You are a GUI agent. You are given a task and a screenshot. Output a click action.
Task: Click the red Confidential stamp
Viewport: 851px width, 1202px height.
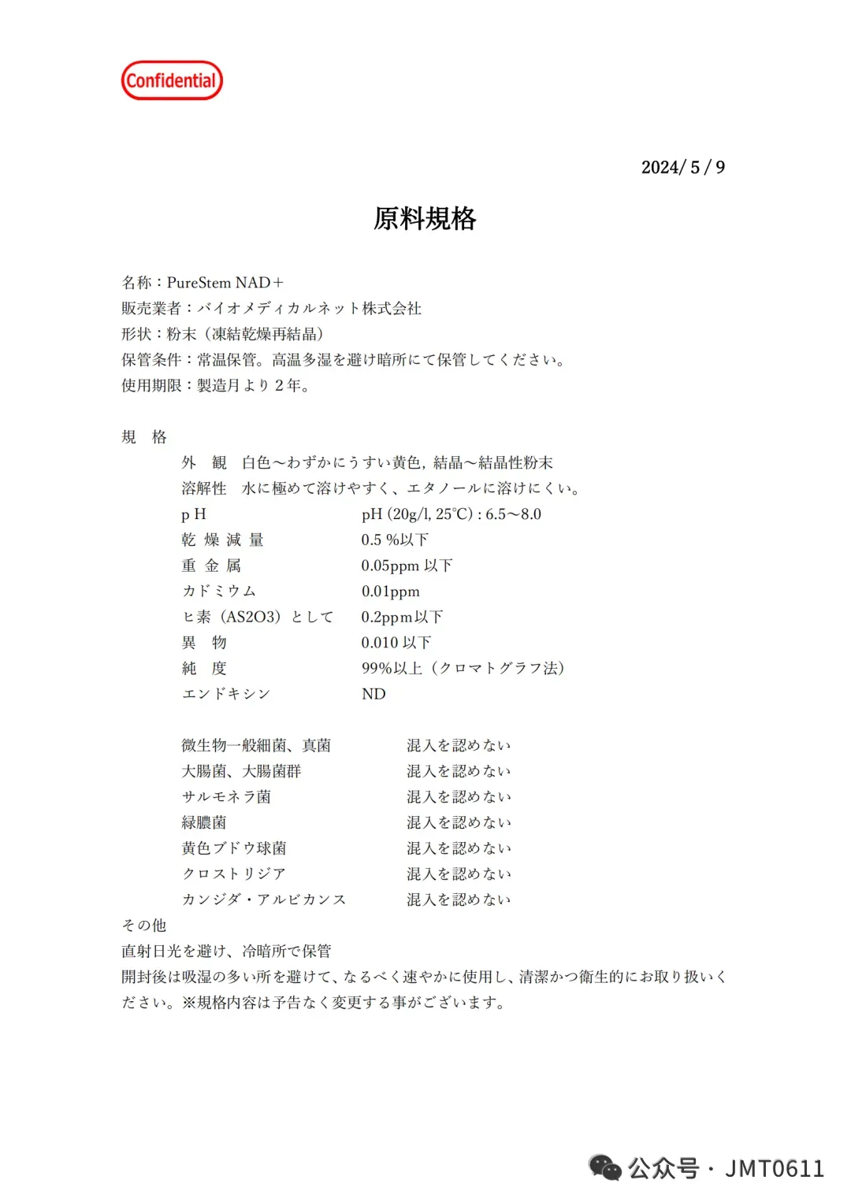(x=172, y=80)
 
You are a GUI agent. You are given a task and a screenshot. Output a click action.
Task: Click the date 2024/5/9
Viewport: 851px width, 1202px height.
(x=682, y=167)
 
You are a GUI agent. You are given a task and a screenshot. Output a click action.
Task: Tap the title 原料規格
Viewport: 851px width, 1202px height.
(x=425, y=218)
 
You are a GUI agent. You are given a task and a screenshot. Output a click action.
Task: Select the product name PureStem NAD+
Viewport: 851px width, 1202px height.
(x=225, y=283)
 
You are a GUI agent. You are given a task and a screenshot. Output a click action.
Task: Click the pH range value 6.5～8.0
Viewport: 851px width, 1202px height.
(x=513, y=514)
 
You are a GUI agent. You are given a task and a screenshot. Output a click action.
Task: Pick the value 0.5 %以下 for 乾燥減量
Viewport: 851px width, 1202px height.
(x=395, y=540)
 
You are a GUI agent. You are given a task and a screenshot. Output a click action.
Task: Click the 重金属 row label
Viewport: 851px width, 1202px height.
(x=211, y=566)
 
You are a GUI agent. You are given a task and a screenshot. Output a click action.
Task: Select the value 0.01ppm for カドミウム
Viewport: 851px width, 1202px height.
(x=390, y=592)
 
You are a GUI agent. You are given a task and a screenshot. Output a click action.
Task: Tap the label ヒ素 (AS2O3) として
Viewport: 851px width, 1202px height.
(x=258, y=617)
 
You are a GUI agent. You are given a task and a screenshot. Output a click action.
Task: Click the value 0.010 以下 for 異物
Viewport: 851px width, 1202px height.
(x=396, y=643)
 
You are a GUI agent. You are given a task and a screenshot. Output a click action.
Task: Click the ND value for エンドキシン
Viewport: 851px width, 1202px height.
(x=373, y=694)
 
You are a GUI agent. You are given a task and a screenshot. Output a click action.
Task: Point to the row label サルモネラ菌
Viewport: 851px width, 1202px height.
(x=226, y=796)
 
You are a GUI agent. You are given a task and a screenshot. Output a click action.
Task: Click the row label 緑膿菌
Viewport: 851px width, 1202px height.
(x=204, y=822)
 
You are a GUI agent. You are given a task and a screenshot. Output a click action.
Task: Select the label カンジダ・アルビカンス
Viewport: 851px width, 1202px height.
(x=264, y=900)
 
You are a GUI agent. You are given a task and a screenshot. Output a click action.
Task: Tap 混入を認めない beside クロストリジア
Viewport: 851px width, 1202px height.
(x=459, y=874)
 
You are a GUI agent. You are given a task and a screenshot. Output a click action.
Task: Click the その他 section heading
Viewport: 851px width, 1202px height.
(x=143, y=925)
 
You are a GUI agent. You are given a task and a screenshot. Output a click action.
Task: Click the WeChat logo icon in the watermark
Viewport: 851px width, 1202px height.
(x=605, y=1168)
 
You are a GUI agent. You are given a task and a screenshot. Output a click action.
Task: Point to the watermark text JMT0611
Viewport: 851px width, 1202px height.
(x=775, y=1168)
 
